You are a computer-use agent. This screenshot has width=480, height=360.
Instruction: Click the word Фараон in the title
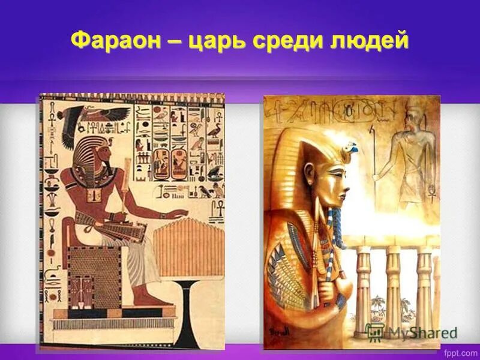pos(116,41)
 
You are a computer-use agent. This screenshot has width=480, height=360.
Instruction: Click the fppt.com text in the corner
pos(458,349)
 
